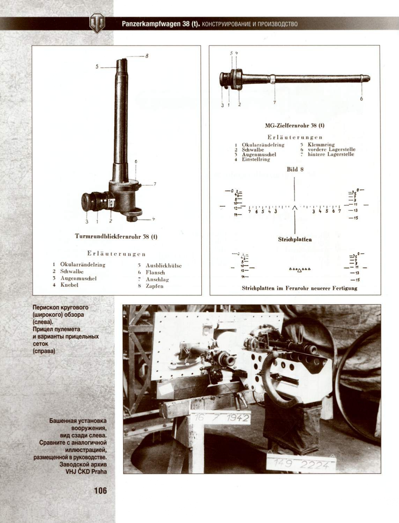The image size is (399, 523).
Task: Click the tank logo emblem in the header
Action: [x=97, y=23]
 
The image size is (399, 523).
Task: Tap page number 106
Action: [x=100, y=491]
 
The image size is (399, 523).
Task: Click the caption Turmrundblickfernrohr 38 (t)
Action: [x=116, y=237]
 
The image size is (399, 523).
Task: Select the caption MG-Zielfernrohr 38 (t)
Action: [x=295, y=126]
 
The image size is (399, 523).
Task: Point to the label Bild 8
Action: [x=295, y=169]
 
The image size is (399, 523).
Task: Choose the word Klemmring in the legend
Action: [x=321, y=144]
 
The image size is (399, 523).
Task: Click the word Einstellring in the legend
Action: [x=256, y=159]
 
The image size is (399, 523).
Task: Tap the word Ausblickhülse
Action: [x=163, y=266]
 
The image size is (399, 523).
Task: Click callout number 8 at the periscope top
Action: [x=147, y=56]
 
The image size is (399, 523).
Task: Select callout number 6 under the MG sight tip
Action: [x=361, y=99]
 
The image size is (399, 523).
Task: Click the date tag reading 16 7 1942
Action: [x=221, y=418]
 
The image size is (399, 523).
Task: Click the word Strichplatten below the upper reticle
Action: [x=295, y=239]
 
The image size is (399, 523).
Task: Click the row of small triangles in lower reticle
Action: [x=300, y=270]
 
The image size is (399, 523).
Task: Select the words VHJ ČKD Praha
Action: [x=86, y=471]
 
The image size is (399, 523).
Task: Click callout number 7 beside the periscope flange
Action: [x=155, y=184]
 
